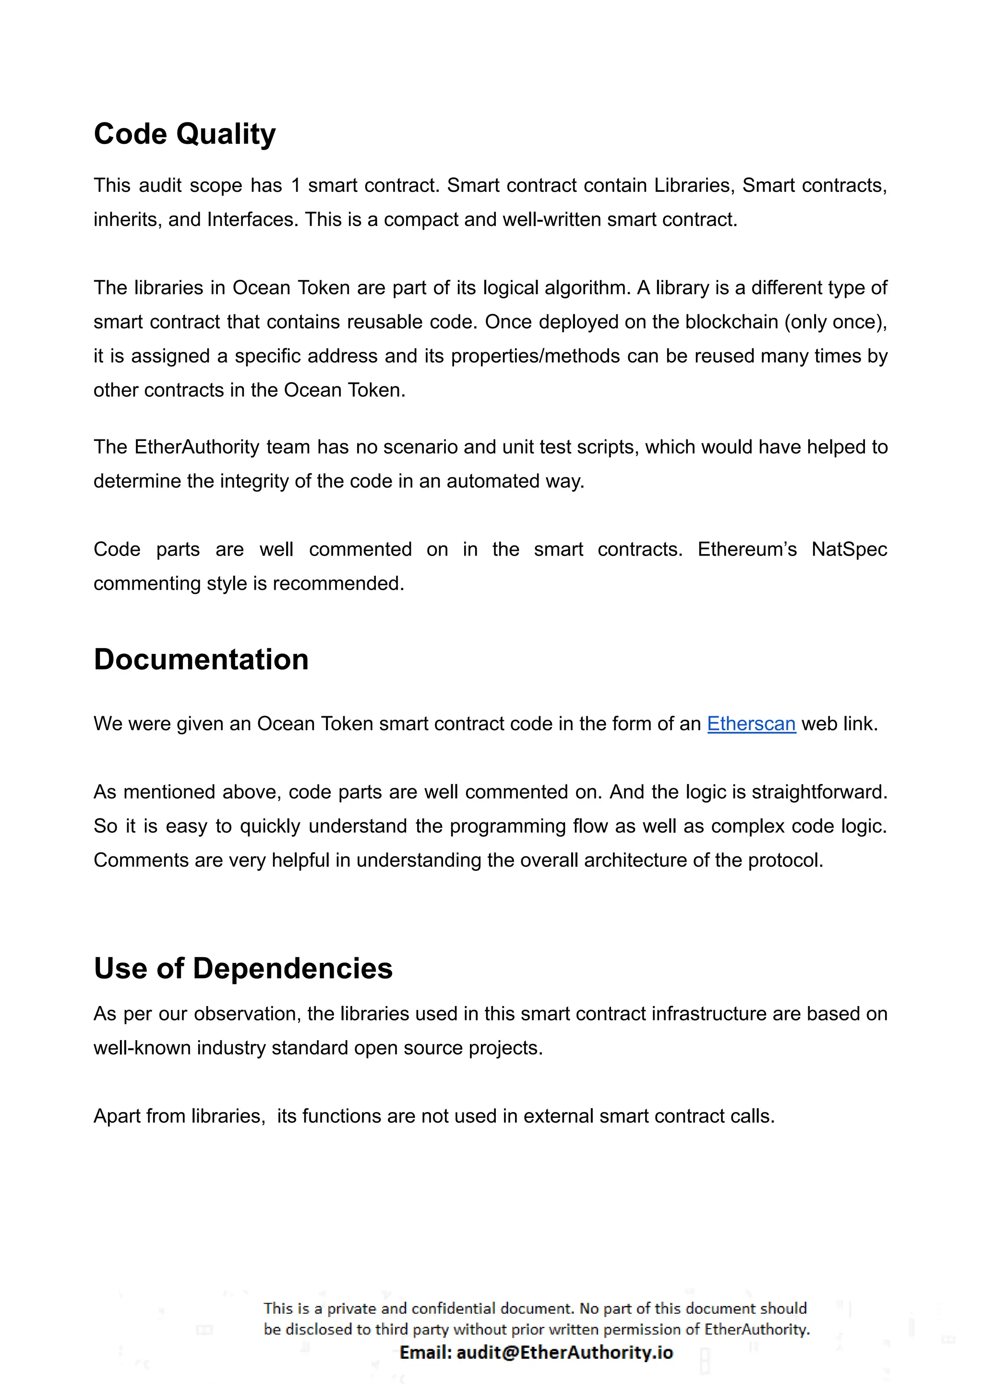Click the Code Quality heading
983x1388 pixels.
click(x=185, y=134)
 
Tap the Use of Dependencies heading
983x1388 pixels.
click(x=243, y=968)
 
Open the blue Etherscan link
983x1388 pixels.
click(x=751, y=724)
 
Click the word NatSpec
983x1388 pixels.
click(x=849, y=549)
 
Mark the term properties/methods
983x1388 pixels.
click(x=536, y=356)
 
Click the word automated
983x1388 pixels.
click(x=493, y=482)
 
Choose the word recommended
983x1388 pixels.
click(x=338, y=584)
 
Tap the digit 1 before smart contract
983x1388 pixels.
click(x=295, y=186)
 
